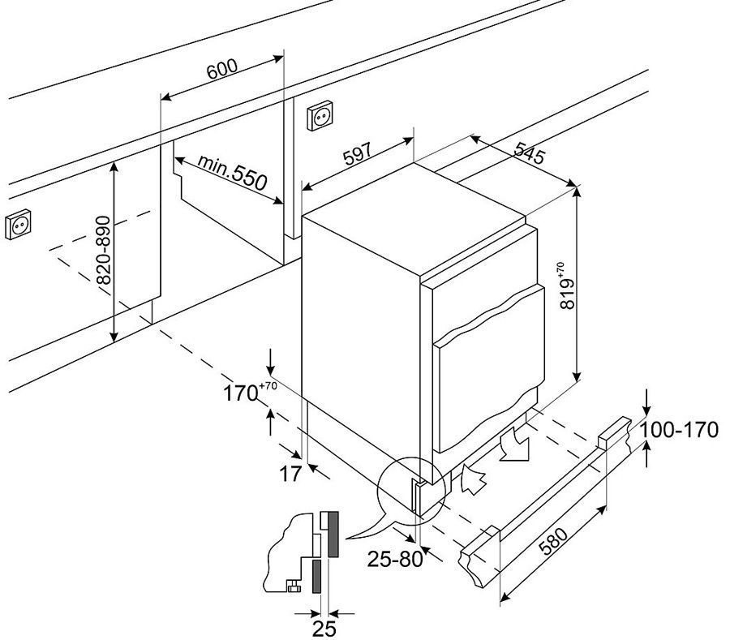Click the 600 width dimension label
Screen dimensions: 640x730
[x=221, y=69]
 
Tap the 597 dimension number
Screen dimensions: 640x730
[x=356, y=156]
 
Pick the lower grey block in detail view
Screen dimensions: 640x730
[x=316, y=576]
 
